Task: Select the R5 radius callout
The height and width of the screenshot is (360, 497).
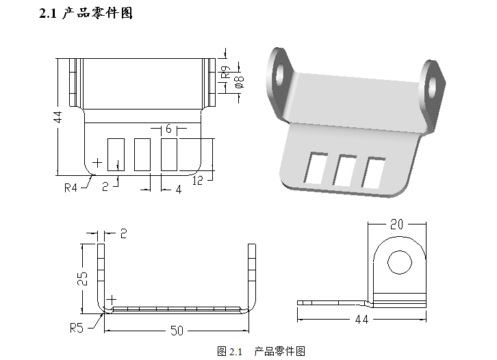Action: pyautogui.click(x=77, y=327)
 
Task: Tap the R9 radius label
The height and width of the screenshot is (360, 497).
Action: pyautogui.click(x=223, y=68)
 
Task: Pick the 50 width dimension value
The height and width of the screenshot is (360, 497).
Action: pyautogui.click(x=177, y=331)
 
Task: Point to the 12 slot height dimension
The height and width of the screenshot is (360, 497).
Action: pyautogui.click(x=199, y=181)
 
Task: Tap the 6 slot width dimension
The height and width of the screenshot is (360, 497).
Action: pyautogui.click(x=168, y=129)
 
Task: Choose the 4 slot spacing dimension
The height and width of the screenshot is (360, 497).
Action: pyautogui.click(x=178, y=190)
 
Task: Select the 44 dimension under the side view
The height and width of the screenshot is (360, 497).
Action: pyautogui.click(x=361, y=320)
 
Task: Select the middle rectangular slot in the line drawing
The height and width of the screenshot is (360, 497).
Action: pyautogui.click(x=142, y=153)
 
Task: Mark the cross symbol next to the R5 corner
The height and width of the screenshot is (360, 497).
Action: pyautogui.click(x=112, y=300)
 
